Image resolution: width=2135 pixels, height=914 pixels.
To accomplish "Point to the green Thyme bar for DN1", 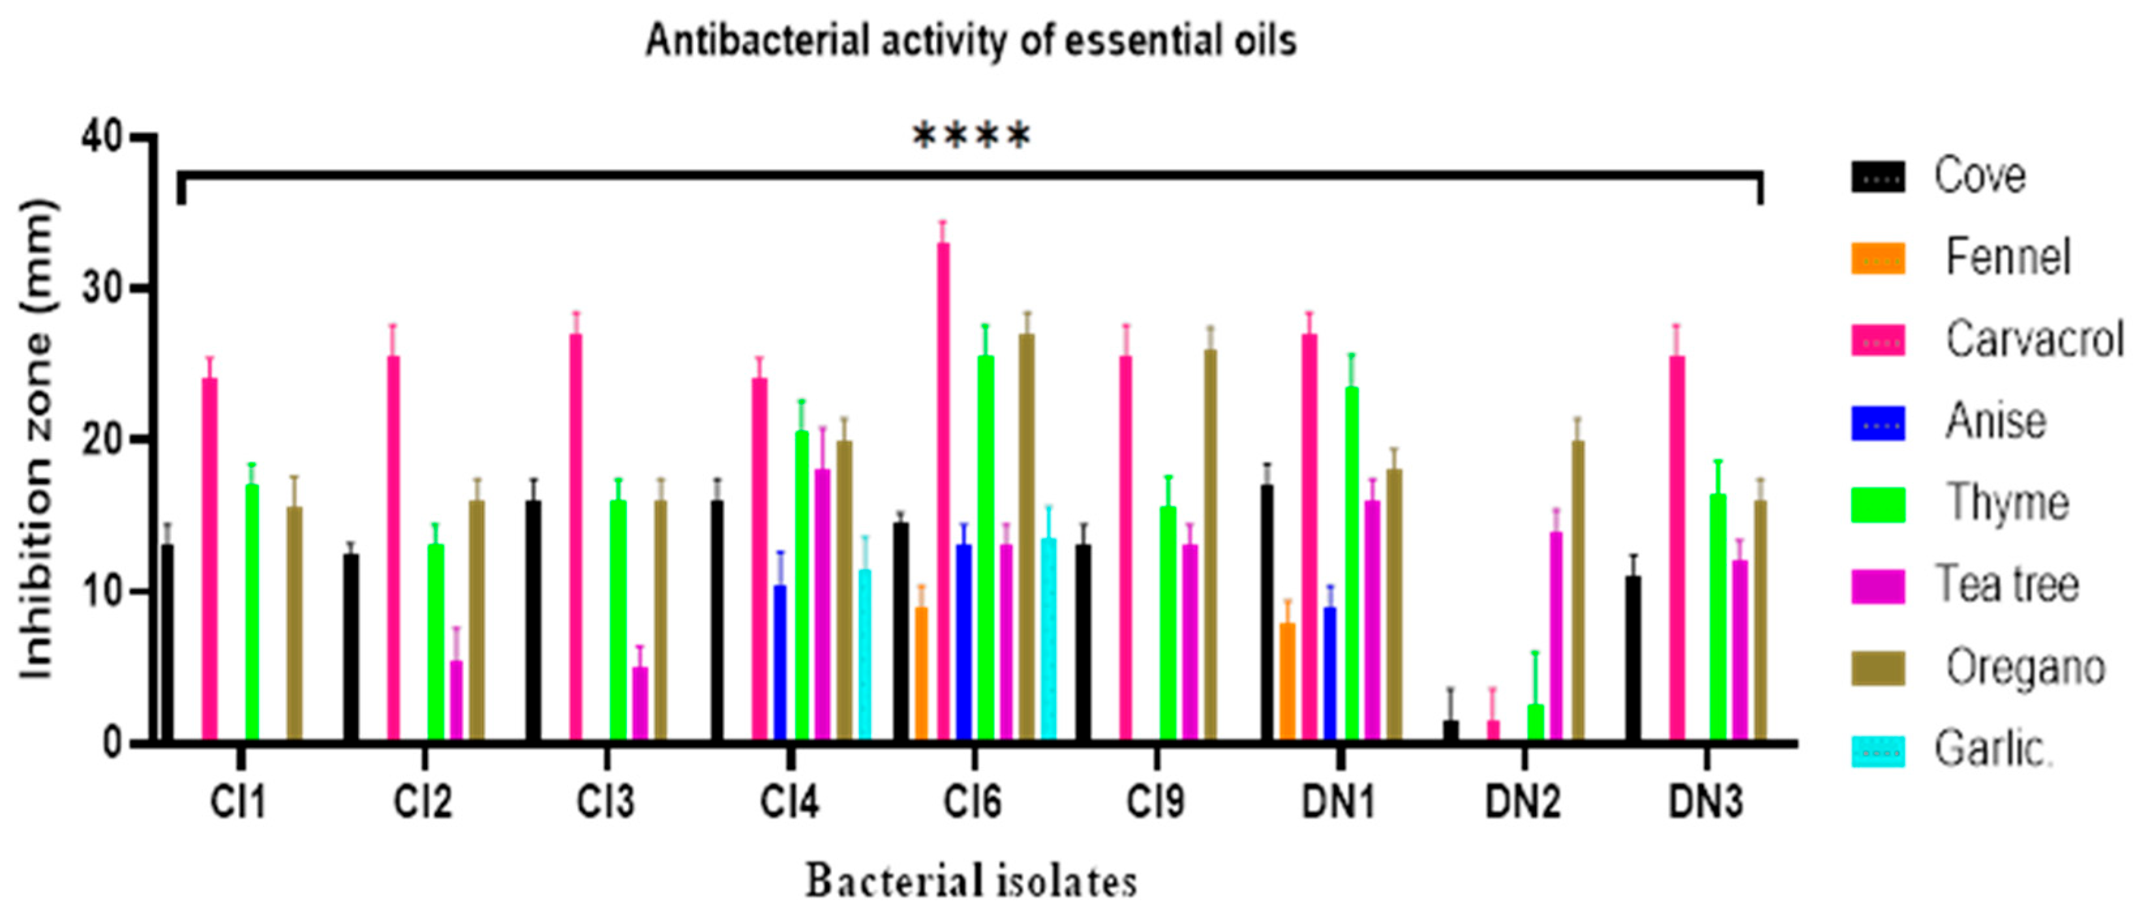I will tap(1352, 564).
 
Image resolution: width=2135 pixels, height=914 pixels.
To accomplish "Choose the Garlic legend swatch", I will tap(1878, 752).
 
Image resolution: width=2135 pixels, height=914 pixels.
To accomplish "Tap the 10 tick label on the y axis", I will tap(103, 592).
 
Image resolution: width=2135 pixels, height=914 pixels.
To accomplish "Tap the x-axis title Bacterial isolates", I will tap(971, 881).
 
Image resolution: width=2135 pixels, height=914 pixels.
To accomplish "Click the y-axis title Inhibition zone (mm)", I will tap(37, 439).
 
